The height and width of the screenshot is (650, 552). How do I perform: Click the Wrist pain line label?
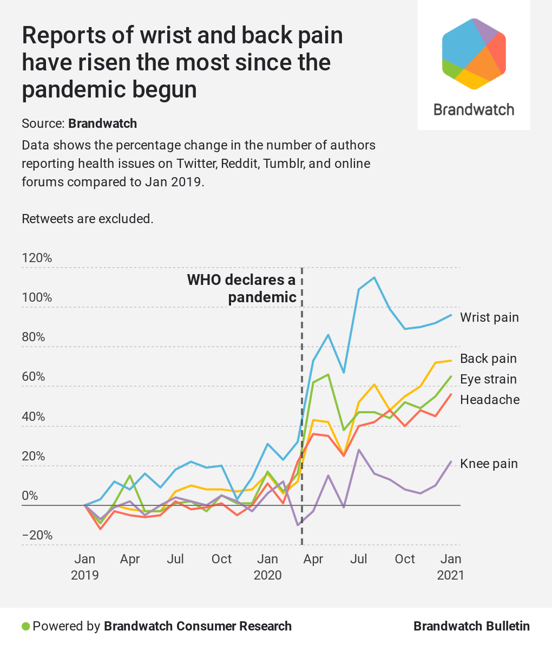pyautogui.click(x=489, y=317)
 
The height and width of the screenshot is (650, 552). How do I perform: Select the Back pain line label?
pyautogui.click(x=488, y=359)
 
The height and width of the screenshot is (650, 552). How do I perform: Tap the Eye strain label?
pyautogui.click(x=488, y=379)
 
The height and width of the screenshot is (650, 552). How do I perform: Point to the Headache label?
pyautogui.click(x=490, y=400)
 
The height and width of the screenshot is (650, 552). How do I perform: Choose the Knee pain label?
pyautogui.click(x=489, y=464)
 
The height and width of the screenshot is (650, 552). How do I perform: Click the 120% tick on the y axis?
pyautogui.click(x=37, y=258)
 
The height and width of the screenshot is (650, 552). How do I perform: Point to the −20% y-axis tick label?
pyautogui.click(x=37, y=535)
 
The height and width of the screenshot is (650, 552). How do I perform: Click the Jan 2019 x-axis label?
pyautogui.click(x=85, y=567)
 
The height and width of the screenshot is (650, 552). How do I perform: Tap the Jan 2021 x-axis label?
pyautogui.click(x=451, y=567)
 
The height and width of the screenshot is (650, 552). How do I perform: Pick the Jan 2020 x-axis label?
pyautogui.click(x=268, y=567)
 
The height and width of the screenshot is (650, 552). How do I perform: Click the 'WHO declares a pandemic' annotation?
pyautogui.click(x=242, y=288)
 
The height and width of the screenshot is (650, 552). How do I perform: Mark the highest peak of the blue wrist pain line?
pyautogui.click(x=374, y=277)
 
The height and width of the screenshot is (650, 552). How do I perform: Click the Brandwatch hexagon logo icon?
pyautogui.click(x=474, y=54)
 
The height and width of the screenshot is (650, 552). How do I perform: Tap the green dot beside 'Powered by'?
pyautogui.click(x=25, y=627)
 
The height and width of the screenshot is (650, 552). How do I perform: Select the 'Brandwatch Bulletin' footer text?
pyautogui.click(x=471, y=626)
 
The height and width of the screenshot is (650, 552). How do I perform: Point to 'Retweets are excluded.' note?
pyautogui.click(x=87, y=219)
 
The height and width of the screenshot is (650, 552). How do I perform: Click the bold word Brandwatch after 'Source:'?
pyautogui.click(x=102, y=123)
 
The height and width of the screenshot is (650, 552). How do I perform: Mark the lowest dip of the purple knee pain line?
pyautogui.click(x=298, y=525)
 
